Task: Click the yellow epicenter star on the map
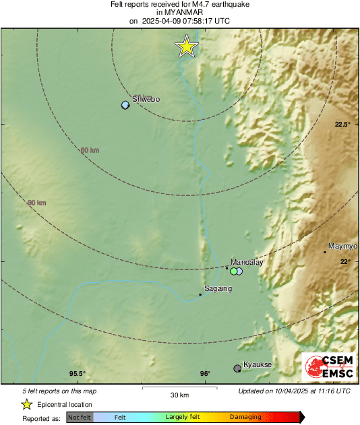point(186,46)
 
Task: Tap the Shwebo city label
point(146,99)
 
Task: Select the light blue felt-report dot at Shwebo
point(125,105)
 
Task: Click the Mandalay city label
point(246,262)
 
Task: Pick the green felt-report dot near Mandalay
point(233,271)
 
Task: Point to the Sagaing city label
point(218,289)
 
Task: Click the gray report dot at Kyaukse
point(237,368)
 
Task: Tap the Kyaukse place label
point(257,364)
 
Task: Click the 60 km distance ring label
point(90,150)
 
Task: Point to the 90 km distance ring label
point(36,203)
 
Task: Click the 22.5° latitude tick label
point(344,125)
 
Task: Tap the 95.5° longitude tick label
point(78,374)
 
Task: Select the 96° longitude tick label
point(205,374)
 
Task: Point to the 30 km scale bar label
point(179,394)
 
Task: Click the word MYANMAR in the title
point(180,12)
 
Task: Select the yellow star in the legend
point(27,404)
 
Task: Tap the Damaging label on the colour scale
point(245,417)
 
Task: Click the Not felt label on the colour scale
point(79,417)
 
